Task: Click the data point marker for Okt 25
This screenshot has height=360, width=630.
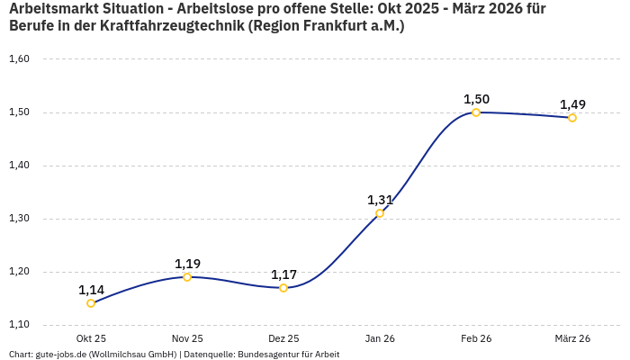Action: coord(91,303)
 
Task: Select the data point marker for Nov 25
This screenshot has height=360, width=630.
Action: coord(187,277)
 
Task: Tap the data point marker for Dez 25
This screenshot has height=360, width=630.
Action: coord(283,288)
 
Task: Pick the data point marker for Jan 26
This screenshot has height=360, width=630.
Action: coord(380,213)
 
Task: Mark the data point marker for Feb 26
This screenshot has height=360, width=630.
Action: coord(476,112)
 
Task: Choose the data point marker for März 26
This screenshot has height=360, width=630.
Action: coord(572,118)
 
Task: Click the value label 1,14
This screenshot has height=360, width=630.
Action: coord(91,290)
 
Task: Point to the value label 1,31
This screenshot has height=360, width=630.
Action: coord(380,200)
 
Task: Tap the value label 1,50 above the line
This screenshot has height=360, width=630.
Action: coord(476,99)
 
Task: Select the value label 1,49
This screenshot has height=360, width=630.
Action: coord(572,104)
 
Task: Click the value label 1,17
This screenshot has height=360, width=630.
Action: coord(283,274)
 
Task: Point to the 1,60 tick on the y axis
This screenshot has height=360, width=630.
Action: coord(19,59)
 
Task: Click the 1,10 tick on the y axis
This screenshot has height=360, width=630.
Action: coord(19,324)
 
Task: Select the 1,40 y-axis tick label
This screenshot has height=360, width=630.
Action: coord(19,166)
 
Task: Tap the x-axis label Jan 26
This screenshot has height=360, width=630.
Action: coord(380,338)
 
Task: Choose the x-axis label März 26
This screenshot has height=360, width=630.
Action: coord(572,338)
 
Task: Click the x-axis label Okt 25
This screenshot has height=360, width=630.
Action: coord(91,338)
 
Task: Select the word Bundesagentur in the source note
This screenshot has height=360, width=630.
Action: coord(267,355)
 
